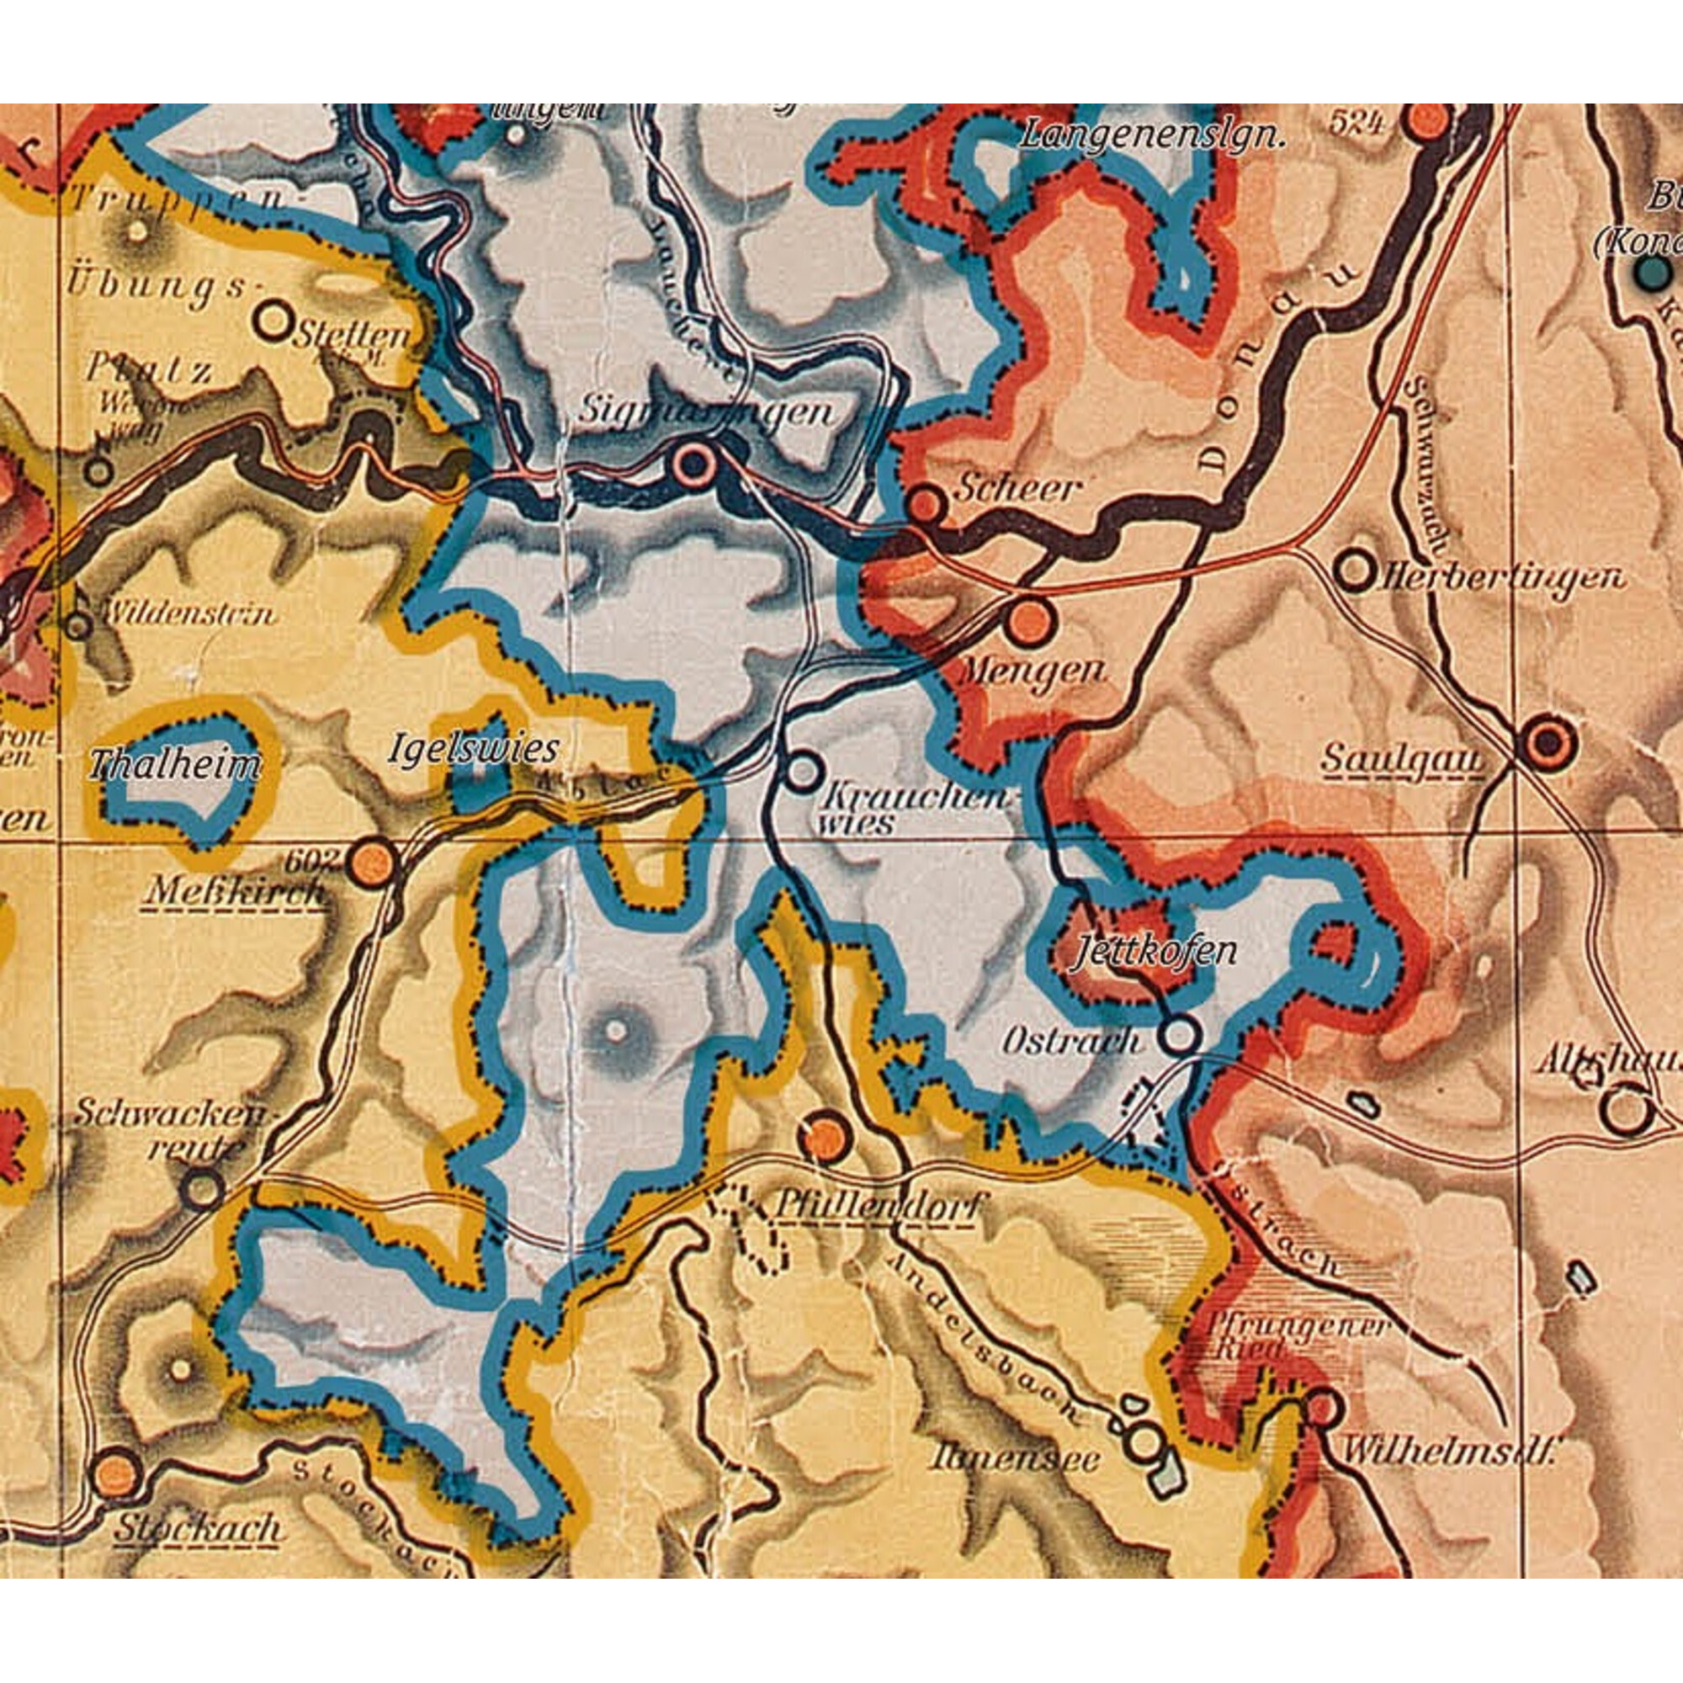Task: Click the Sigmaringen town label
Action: tap(706, 412)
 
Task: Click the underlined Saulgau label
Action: tap(1403, 759)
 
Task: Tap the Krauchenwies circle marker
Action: tap(803, 771)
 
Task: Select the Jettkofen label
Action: tap(1155, 951)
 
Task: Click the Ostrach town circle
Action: tap(1180, 1035)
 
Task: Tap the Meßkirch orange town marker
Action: tap(373, 860)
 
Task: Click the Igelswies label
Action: tap(473, 748)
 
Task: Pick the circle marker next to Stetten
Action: tap(274, 321)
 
